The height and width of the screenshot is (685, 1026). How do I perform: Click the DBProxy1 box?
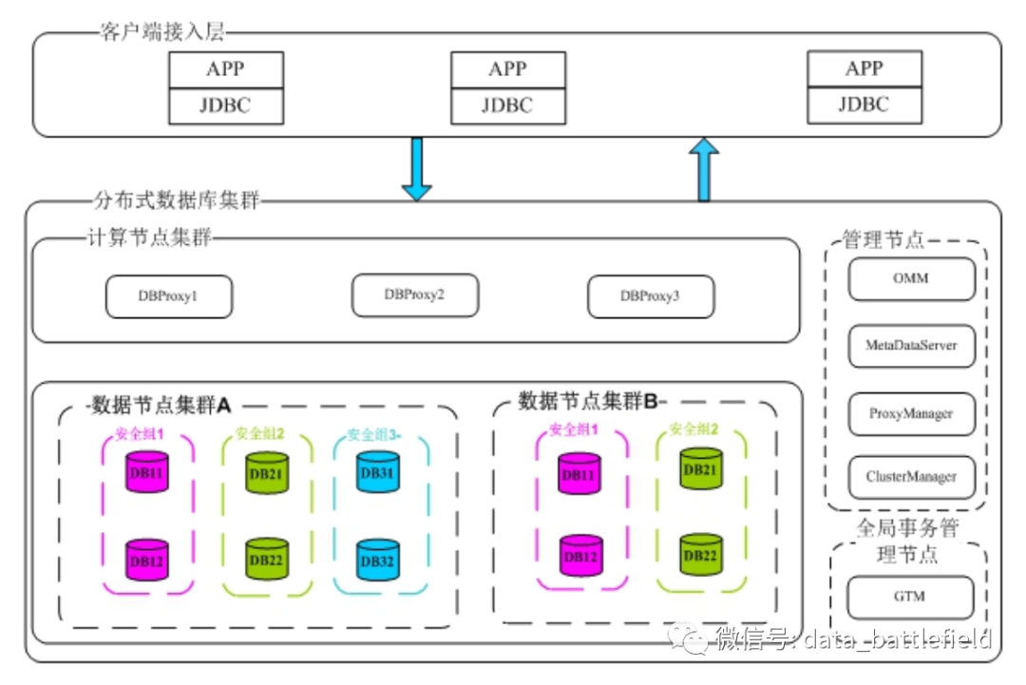tap(169, 297)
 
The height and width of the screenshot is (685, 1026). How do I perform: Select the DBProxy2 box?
tap(415, 295)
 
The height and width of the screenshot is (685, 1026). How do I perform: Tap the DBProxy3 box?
tap(651, 296)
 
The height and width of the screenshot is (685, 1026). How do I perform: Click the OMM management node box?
tap(911, 279)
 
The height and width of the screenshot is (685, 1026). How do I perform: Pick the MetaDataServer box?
tap(911, 346)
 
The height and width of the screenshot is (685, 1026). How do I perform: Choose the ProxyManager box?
tap(911, 414)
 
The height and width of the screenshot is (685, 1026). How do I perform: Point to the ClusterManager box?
tap(911, 476)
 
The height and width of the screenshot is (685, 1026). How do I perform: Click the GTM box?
tap(910, 598)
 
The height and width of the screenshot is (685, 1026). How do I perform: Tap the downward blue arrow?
tap(416, 168)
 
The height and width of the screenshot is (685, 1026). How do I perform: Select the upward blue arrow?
tap(704, 170)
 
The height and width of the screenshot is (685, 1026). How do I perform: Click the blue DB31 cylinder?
tap(377, 471)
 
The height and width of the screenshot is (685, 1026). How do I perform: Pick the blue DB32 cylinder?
tap(377, 560)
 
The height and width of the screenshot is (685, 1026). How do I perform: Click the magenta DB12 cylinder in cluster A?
tap(147, 560)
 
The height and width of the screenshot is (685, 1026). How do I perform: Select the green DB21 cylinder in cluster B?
tap(700, 468)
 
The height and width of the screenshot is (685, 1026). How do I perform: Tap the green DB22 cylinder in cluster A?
tap(266, 559)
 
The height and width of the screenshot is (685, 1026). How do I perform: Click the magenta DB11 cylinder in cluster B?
tap(579, 473)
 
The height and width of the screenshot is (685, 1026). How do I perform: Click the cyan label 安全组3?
tap(373, 435)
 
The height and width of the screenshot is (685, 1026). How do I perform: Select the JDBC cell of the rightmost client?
tap(864, 105)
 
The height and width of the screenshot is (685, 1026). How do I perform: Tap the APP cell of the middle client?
tap(508, 69)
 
